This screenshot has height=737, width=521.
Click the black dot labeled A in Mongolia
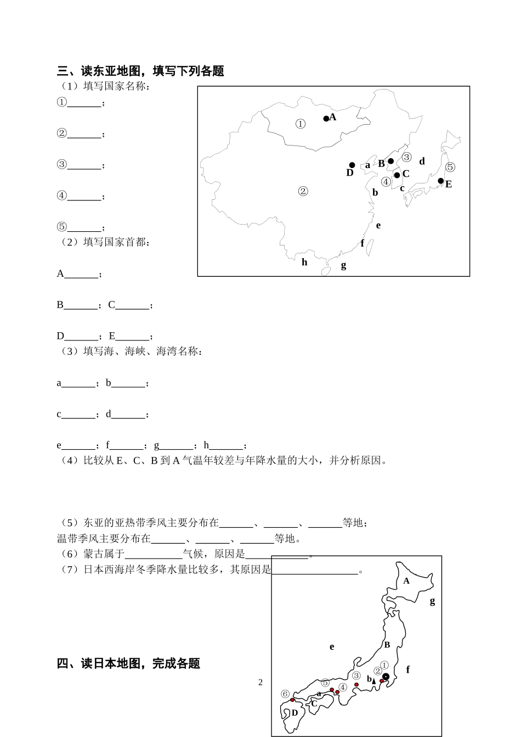point(326,119)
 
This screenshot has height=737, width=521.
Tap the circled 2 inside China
point(303,191)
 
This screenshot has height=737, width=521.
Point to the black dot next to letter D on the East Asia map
point(352,165)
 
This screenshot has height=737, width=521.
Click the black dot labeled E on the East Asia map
point(440,181)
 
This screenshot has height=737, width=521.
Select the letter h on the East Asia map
point(304,262)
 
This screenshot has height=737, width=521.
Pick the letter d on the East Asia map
point(422,161)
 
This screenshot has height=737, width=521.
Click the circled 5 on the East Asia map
point(450,167)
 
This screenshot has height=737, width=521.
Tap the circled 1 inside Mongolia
point(300,124)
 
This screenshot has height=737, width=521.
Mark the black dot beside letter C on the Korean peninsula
point(397,175)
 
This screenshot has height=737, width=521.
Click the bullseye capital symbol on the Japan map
point(386,677)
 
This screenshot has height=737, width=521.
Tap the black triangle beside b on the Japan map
point(374,681)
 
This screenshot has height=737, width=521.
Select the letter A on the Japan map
point(406,580)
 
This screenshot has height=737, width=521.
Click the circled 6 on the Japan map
point(285,694)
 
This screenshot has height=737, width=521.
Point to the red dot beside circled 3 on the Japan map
point(356,684)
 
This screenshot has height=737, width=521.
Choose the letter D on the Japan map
point(295,713)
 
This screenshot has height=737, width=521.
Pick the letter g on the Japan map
point(432,601)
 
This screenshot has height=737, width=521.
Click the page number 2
point(260,683)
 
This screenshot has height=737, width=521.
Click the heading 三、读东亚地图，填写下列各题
point(140,71)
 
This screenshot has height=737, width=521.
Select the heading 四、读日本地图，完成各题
point(128,663)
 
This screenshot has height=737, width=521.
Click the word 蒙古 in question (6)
point(94,554)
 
